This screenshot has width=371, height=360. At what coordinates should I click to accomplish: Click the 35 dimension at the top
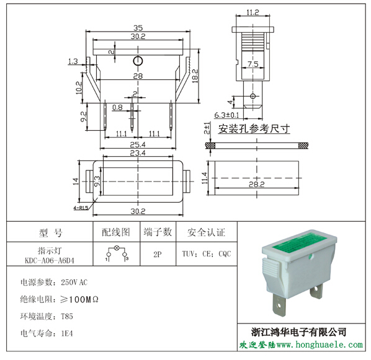(x=138, y=28)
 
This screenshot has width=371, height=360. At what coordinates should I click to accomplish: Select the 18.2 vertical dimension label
(x=195, y=76)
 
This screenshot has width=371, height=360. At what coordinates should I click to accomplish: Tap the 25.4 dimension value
(x=138, y=144)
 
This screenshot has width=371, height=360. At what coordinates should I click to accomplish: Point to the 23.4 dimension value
(x=138, y=153)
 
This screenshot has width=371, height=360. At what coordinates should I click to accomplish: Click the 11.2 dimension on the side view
(x=253, y=12)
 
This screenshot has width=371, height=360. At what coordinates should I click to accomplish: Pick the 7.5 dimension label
(x=253, y=64)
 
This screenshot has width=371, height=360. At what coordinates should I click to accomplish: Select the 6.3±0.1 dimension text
(x=226, y=115)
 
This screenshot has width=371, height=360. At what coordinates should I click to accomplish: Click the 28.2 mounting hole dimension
(x=256, y=184)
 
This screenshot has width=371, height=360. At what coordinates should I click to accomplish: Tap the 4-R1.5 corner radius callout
(x=81, y=208)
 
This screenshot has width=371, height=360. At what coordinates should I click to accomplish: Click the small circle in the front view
(x=138, y=61)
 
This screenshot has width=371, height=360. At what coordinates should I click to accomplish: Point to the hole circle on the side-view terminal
(x=253, y=96)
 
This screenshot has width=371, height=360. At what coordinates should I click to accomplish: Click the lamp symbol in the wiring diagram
(x=117, y=248)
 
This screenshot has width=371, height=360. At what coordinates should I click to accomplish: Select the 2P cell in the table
(x=158, y=254)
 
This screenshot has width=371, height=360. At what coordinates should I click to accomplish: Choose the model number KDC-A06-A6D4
(x=50, y=260)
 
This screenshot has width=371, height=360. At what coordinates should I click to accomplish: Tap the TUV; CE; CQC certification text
(x=207, y=254)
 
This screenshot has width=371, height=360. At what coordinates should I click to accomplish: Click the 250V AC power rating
(x=74, y=282)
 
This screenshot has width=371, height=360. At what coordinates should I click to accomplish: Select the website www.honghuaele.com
(x=320, y=345)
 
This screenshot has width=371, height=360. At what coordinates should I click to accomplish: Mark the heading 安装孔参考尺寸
(x=254, y=129)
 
